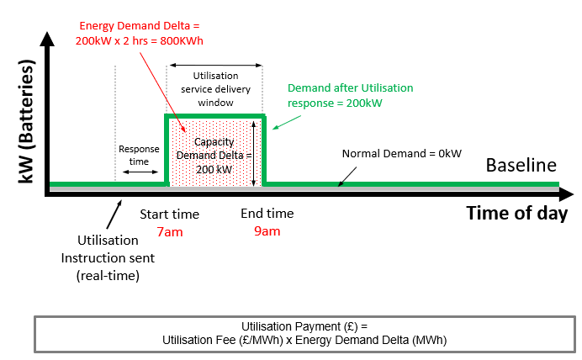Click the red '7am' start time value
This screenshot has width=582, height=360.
point(169,231)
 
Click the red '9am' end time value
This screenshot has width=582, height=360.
point(267,231)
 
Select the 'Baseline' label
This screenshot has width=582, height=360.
point(521,165)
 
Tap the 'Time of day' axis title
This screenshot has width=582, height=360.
point(516,213)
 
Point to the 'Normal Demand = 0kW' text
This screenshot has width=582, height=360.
point(401,154)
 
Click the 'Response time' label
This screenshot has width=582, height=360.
point(139,155)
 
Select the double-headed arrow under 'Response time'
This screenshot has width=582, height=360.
point(139,172)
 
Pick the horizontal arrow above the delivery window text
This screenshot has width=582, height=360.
point(216,64)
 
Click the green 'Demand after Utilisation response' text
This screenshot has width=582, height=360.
point(351,94)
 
